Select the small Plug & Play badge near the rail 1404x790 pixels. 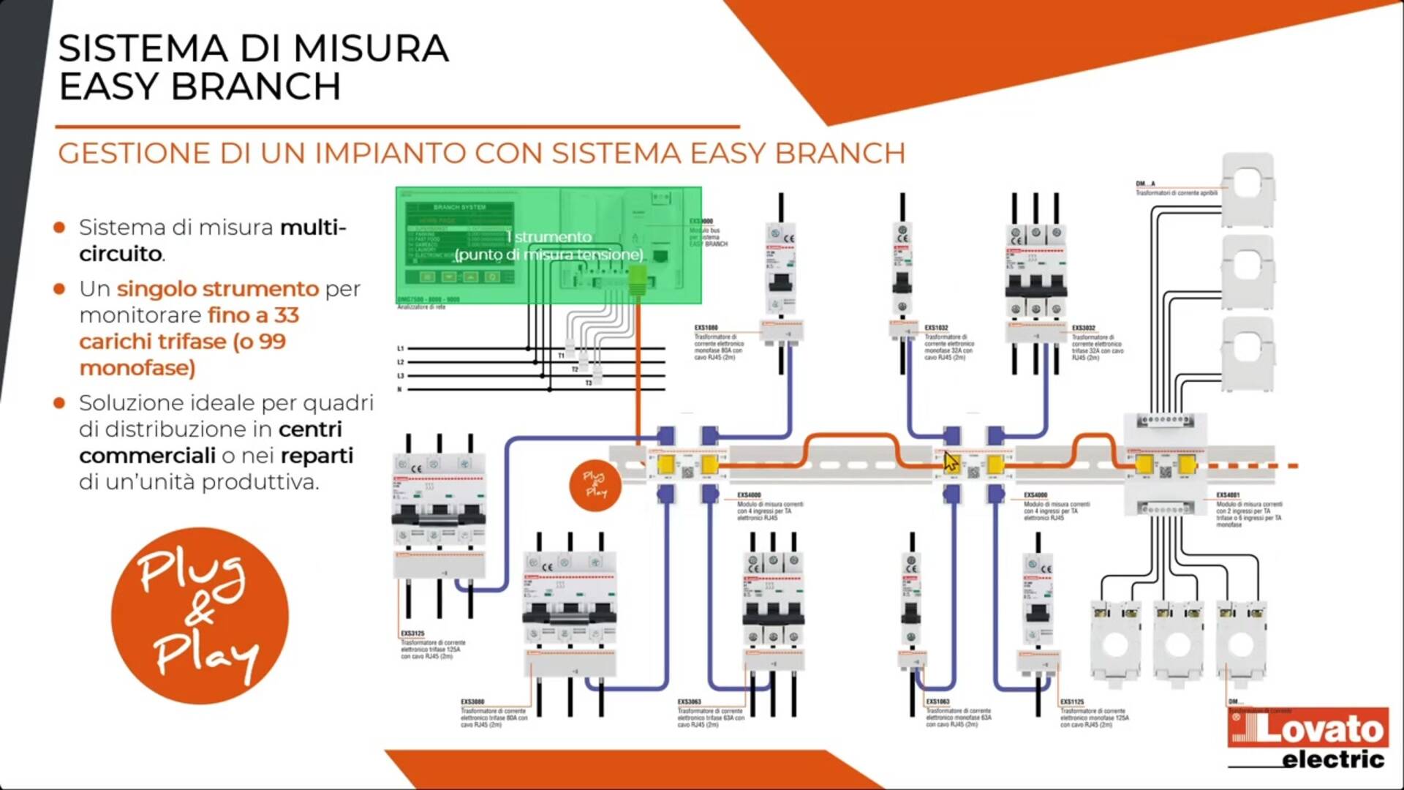(x=595, y=484)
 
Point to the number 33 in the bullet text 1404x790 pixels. (x=287, y=315)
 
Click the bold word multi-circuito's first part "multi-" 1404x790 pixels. (x=313, y=227)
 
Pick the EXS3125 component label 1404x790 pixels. (x=412, y=633)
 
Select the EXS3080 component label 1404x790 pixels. (x=472, y=701)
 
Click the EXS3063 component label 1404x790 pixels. (x=690, y=701)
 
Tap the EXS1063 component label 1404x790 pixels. (x=937, y=701)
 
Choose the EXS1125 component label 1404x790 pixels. (x=1072, y=701)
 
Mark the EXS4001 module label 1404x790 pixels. (x=1228, y=495)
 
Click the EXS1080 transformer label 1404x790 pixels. (x=706, y=328)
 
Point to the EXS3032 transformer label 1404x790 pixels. (x=1083, y=328)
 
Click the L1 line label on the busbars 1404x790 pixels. (x=400, y=349)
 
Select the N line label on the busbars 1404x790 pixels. (x=399, y=389)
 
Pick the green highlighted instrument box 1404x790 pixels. (x=548, y=246)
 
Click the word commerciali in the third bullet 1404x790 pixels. (x=147, y=456)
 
